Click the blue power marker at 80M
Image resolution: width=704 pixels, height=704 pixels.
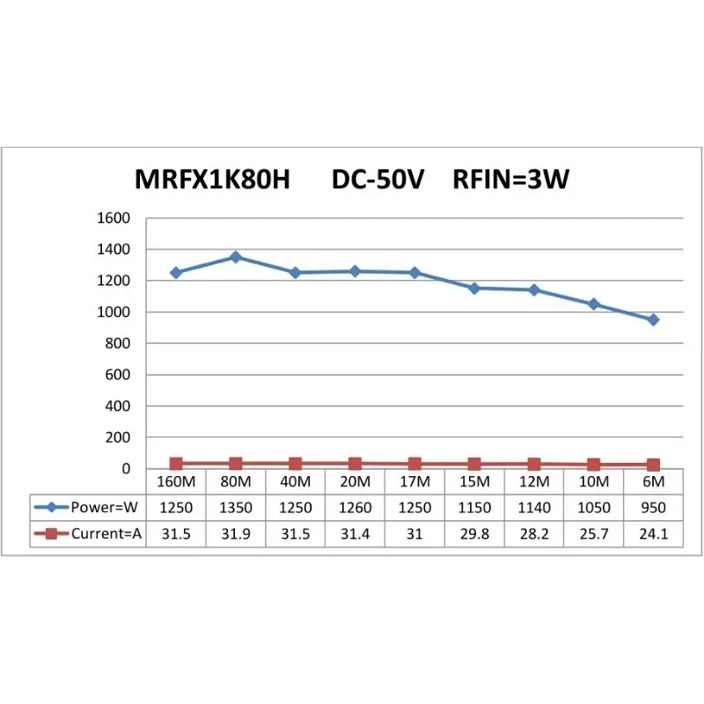click(x=235, y=257)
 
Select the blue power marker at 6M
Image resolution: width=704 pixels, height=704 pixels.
click(x=653, y=319)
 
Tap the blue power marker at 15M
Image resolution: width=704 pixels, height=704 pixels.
click(x=474, y=288)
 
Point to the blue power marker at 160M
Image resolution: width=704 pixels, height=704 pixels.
click(x=176, y=273)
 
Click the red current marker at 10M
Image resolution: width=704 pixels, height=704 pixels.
click(x=594, y=464)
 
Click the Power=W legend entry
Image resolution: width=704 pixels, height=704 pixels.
click(x=87, y=507)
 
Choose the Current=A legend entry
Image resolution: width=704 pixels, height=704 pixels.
click(x=87, y=532)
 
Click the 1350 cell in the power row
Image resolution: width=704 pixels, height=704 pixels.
click(x=235, y=507)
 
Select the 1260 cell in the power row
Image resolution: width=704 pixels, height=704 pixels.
click(x=355, y=507)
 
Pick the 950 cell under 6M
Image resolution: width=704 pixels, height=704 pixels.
click(x=653, y=507)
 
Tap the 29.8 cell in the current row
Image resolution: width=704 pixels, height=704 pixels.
click(x=474, y=532)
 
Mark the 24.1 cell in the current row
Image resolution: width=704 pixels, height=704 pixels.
click(x=653, y=532)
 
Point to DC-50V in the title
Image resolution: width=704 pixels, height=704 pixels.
click(x=378, y=180)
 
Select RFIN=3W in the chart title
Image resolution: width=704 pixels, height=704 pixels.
click(x=510, y=180)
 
